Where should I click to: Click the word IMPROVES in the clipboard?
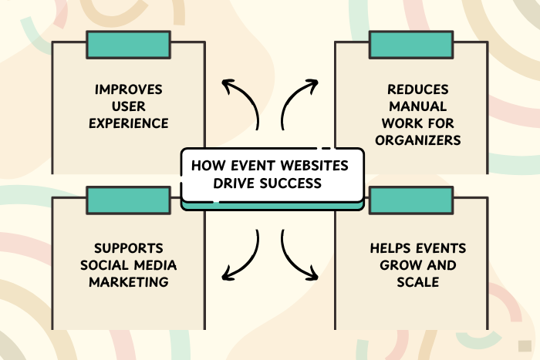(x=128, y=89)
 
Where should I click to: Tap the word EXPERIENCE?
(x=128, y=123)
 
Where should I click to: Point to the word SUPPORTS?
(x=128, y=248)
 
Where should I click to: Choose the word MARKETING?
(x=128, y=281)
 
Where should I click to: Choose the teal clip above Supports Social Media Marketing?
(x=128, y=200)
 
